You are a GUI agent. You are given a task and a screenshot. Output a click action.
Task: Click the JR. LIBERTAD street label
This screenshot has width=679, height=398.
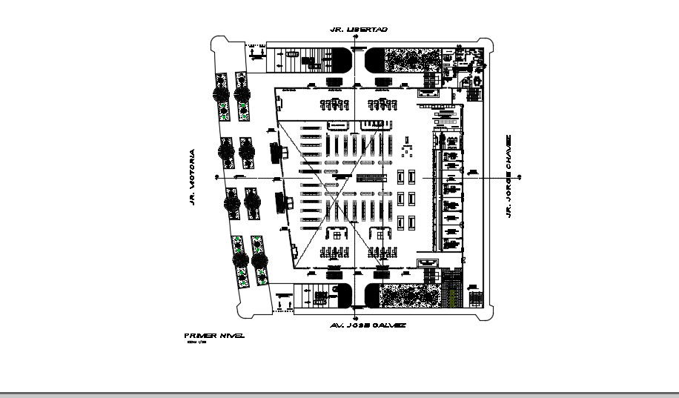tap(360, 29)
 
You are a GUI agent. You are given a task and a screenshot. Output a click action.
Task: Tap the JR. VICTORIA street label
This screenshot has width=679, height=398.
tap(191, 177)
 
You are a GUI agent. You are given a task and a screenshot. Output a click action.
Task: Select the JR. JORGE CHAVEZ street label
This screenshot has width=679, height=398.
tap(509, 176)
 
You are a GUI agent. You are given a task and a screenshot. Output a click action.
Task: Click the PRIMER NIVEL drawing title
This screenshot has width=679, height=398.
tap(213, 336)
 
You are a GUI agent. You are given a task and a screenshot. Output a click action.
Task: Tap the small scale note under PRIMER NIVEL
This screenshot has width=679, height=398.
tap(195, 343)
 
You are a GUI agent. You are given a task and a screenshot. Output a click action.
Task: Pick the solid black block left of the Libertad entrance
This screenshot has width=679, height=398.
tap(339, 60)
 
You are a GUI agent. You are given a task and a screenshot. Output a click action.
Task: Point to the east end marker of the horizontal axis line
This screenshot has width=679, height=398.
tap(520, 177)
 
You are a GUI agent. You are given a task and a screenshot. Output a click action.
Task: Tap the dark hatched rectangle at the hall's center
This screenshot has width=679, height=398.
tap(371, 178)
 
